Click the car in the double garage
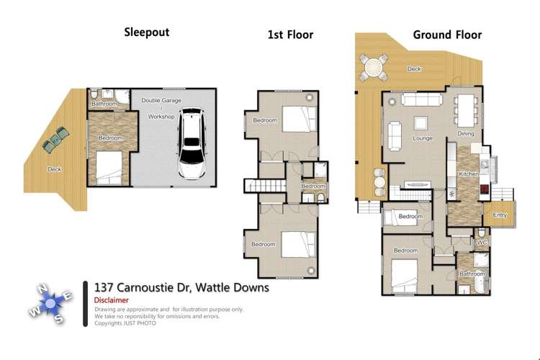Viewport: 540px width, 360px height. [x=192, y=144]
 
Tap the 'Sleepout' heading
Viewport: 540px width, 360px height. [x=147, y=32]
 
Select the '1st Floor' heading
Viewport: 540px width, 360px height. [x=290, y=35]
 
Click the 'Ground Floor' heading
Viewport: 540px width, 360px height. [x=447, y=35]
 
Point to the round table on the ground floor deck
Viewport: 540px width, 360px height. [x=374, y=67]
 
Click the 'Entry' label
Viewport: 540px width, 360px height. [x=500, y=215]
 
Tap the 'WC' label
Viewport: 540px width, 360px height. [x=482, y=242]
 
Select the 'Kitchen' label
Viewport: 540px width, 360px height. [x=469, y=174]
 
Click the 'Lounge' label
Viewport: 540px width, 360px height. [x=423, y=138]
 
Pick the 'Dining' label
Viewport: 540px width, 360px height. [x=466, y=133]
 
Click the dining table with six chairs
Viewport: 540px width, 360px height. [x=466, y=110]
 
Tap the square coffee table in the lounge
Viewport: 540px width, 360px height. [x=420, y=123]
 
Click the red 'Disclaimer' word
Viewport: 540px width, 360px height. [x=111, y=300]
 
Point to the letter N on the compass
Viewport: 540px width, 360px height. [x=42, y=289]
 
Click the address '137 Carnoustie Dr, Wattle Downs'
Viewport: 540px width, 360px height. [x=182, y=287]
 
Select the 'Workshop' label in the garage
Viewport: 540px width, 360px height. [x=161, y=117]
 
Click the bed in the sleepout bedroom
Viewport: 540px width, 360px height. [x=109, y=168]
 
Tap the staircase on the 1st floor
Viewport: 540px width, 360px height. [x=266, y=185]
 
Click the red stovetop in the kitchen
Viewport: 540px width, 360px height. [x=485, y=189]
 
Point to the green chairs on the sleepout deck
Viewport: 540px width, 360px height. [x=55, y=139]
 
